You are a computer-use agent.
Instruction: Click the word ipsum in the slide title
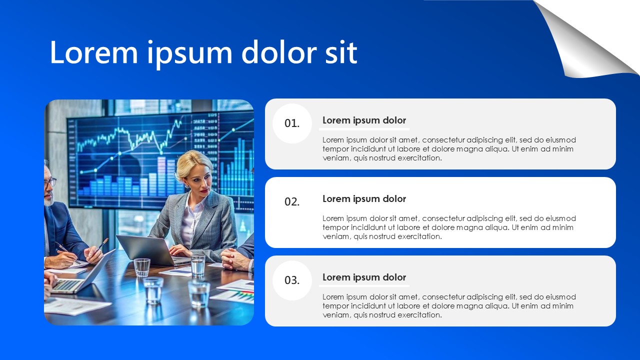tap(189, 54)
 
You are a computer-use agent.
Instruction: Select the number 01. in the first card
tap(292, 123)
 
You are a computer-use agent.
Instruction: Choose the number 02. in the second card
tap(292, 201)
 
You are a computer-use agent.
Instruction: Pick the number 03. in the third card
tap(292, 280)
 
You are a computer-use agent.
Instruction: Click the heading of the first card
tap(364, 120)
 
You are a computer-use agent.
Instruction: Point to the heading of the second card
tap(364, 199)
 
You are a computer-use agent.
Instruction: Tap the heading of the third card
tap(364, 277)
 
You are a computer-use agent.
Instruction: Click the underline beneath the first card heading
tap(364, 129)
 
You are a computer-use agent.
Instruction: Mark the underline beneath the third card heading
tap(364, 285)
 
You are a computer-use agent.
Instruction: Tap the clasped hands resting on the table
tap(235, 259)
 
